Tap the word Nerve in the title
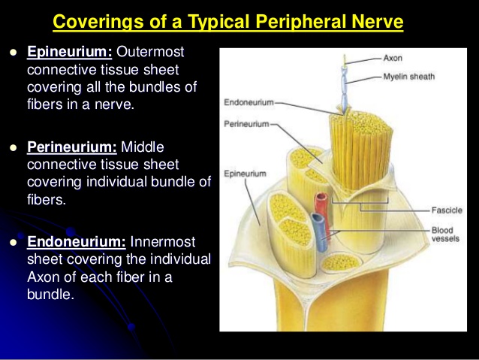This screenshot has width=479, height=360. tap(378, 21)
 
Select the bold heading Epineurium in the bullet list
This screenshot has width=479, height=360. tap(70, 51)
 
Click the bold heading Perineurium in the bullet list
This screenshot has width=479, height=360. tap(72, 147)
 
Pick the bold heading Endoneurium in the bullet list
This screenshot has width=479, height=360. tap(77, 242)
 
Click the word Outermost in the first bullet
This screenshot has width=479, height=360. tap(150, 51)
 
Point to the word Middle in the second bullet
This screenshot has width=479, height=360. tap(143, 147)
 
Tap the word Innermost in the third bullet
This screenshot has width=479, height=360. tap(163, 242)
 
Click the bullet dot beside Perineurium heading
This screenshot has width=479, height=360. tap(13, 148)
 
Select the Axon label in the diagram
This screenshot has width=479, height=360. tap(393, 58)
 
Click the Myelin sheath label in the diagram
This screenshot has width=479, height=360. tap(409, 77)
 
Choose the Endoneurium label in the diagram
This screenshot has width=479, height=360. tap(249, 102)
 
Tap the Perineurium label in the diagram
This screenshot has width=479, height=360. tap(246, 124)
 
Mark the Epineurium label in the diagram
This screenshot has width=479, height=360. tap(245, 174)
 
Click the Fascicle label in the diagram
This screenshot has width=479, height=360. tap(447, 210)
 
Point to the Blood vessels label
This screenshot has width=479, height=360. tap(445, 234)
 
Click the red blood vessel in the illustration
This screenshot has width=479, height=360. tap(322, 211)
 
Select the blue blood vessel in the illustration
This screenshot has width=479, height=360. tap(319, 231)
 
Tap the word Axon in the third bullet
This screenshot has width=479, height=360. tap(43, 277)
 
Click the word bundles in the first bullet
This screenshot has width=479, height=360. tap(154, 87)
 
